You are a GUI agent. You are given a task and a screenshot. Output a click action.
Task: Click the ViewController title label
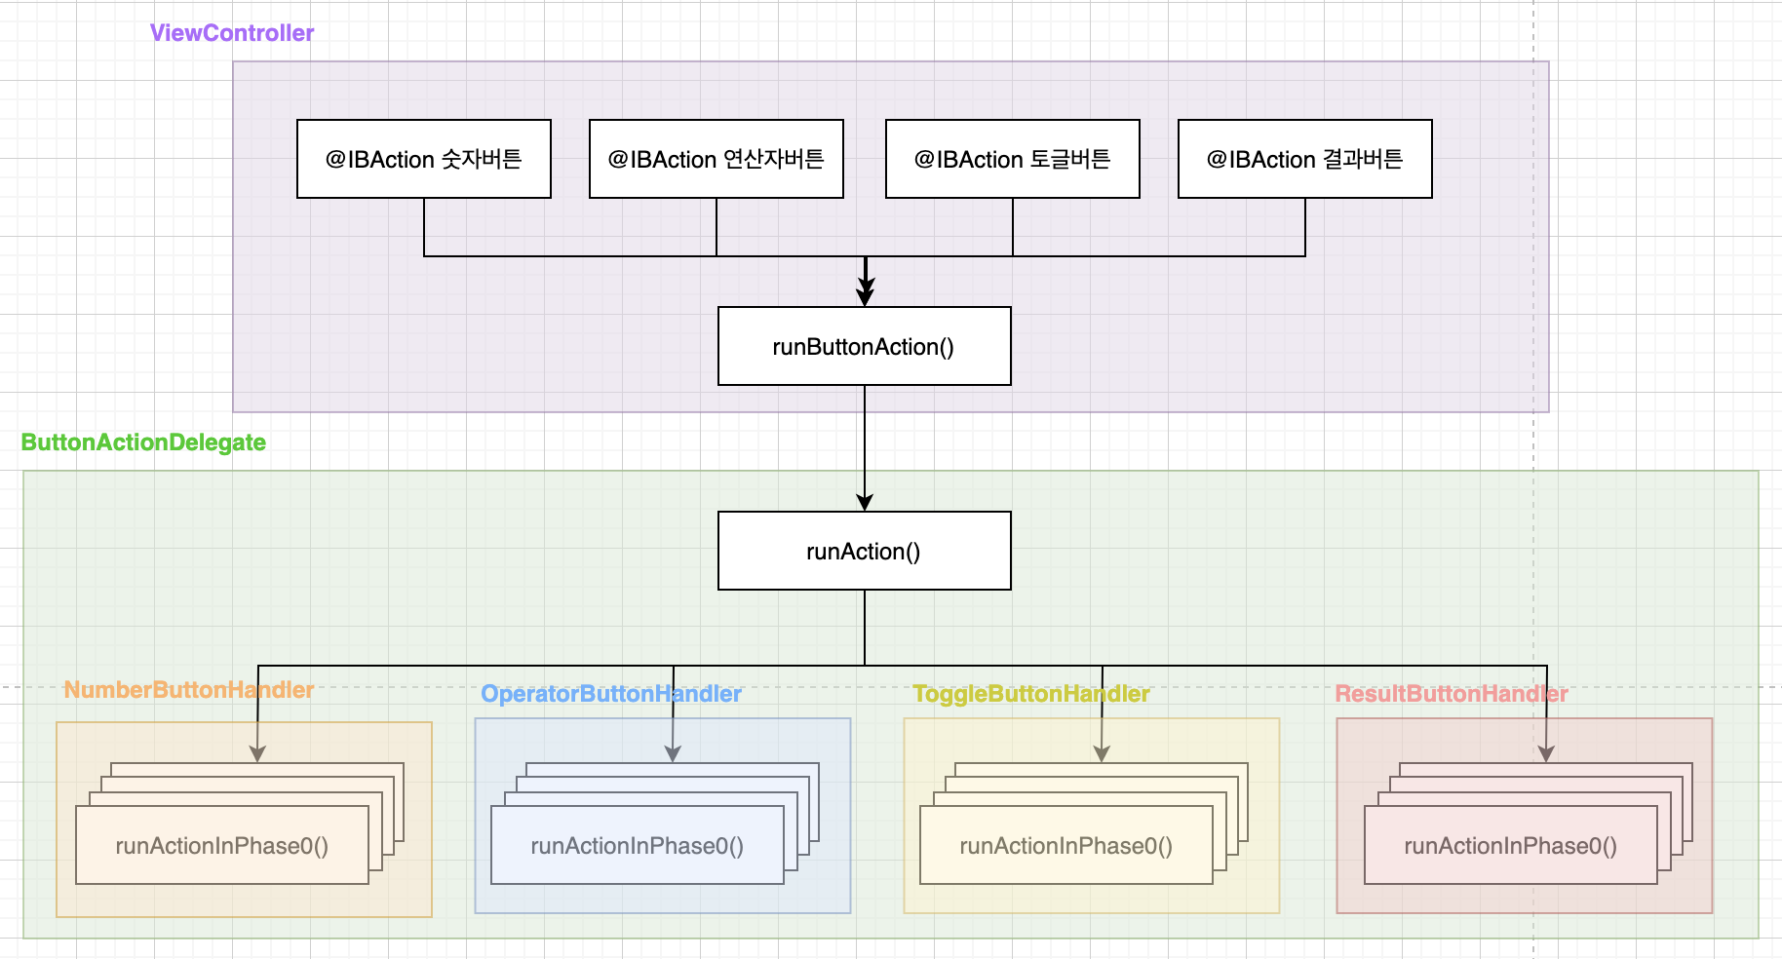232,33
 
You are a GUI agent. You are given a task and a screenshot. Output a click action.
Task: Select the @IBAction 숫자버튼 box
424,159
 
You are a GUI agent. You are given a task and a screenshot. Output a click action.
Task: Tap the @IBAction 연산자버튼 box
717,159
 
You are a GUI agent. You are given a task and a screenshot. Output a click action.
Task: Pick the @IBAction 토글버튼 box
1013,159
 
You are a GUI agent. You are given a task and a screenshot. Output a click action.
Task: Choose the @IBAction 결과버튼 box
1305,159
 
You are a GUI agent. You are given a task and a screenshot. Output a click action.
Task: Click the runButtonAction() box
865,346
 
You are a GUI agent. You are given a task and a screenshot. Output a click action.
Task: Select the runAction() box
865,551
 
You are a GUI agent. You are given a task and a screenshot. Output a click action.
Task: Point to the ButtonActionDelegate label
143,442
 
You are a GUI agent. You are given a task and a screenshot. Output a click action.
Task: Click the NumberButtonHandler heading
188,690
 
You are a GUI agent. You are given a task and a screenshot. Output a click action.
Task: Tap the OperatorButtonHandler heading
611,694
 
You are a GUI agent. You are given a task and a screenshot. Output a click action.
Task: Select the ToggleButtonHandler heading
1030,694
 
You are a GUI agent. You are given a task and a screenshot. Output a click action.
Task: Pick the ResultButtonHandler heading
1451,694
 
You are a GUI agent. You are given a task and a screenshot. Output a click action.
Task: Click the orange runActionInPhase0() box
222,845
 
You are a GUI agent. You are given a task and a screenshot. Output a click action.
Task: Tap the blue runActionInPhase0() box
638,845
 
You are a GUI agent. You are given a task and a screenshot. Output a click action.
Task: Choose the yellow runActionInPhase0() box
1066,845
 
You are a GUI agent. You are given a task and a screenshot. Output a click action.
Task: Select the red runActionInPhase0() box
1511,845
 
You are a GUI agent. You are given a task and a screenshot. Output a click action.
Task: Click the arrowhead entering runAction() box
865,503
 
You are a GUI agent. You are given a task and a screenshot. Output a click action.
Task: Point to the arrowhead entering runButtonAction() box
865,296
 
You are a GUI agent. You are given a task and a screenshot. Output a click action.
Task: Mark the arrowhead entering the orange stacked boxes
257,754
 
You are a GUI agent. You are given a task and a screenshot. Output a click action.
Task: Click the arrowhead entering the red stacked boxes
1546,754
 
